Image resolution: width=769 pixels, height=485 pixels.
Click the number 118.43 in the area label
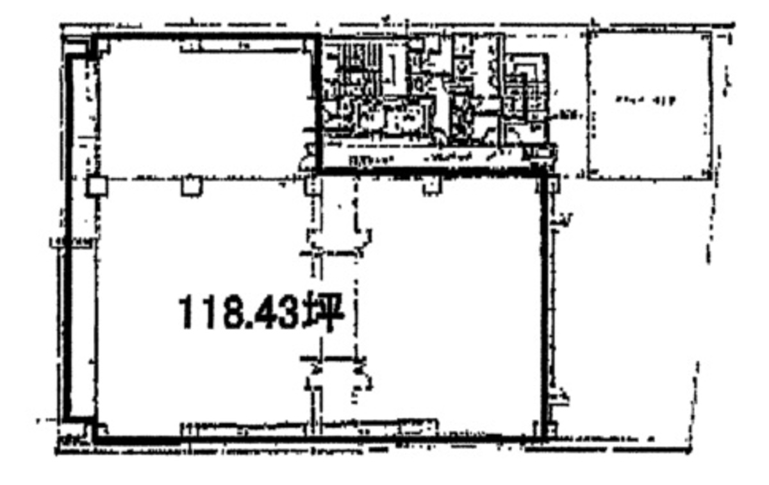coord(239,314)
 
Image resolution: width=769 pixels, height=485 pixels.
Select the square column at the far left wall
coord(96,186)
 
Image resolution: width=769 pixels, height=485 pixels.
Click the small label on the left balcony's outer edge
coord(71,242)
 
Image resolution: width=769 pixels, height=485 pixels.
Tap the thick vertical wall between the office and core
coord(316,103)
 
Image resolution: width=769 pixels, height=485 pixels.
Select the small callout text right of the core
coord(568,115)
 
